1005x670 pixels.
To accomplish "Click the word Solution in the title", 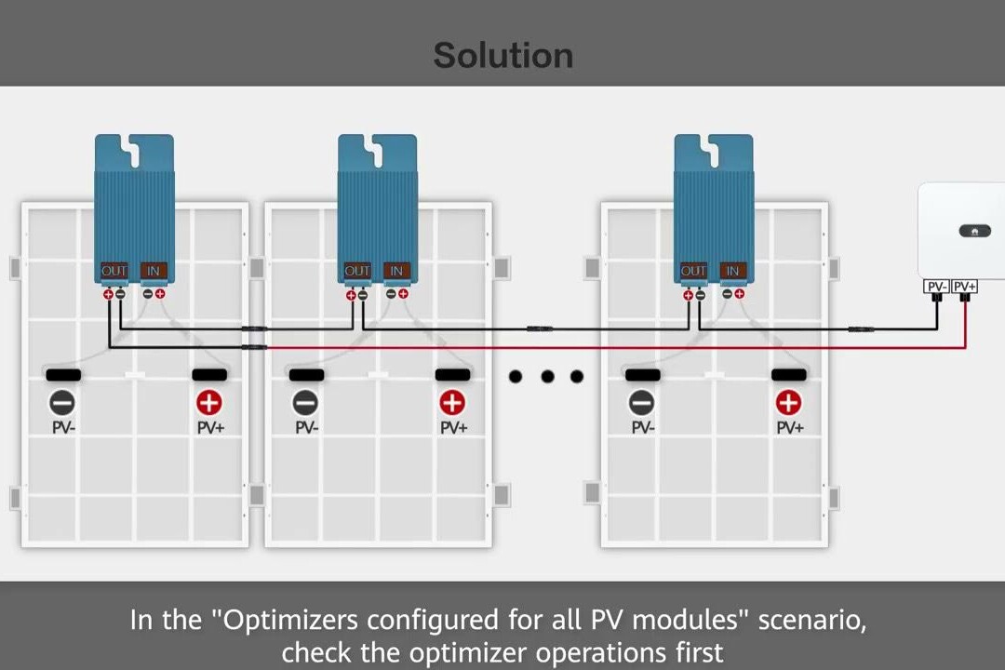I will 502,56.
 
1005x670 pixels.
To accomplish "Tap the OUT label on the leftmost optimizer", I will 114,271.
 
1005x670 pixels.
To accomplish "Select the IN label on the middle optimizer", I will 397,271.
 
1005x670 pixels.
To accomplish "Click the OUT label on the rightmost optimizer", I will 693,271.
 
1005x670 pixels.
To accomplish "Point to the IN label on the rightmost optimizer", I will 733,271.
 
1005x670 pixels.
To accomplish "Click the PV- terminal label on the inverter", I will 935,287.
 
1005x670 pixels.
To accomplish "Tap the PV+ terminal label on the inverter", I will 965,287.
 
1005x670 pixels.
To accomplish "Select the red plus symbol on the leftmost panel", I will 209,403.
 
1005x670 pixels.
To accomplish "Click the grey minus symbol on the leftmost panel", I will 62,403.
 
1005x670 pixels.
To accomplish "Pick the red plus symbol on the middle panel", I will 452,403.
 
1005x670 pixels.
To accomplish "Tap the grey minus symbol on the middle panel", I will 305,403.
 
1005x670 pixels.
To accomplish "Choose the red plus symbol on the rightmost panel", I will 788,403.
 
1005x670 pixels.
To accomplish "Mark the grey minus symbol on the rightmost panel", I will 641,403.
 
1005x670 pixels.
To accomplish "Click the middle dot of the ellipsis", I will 547,376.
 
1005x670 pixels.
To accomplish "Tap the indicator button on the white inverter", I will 974,231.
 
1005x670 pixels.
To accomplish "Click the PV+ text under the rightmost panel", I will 789,428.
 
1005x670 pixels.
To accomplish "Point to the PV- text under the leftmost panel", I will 63,428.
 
